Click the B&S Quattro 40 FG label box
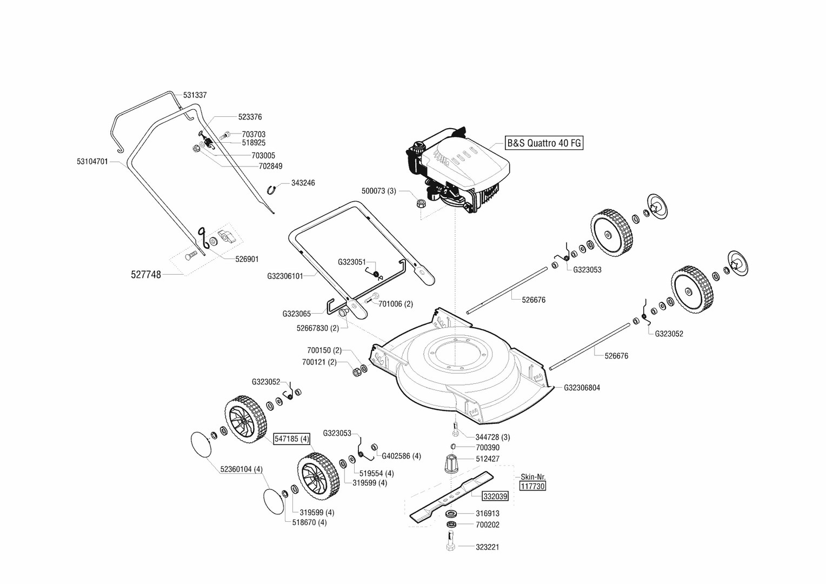[544, 143]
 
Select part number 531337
[195, 95]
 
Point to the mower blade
[452, 496]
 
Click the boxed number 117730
[532, 486]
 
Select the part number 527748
[146, 275]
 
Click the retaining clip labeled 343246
[274, 189]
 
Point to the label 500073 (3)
[378, 191]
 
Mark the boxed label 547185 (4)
[292, 439]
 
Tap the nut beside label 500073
[419, 204]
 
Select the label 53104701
[92, 161]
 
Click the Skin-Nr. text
[533, 477]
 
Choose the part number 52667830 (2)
[317, 328]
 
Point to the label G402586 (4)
[401, 456]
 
